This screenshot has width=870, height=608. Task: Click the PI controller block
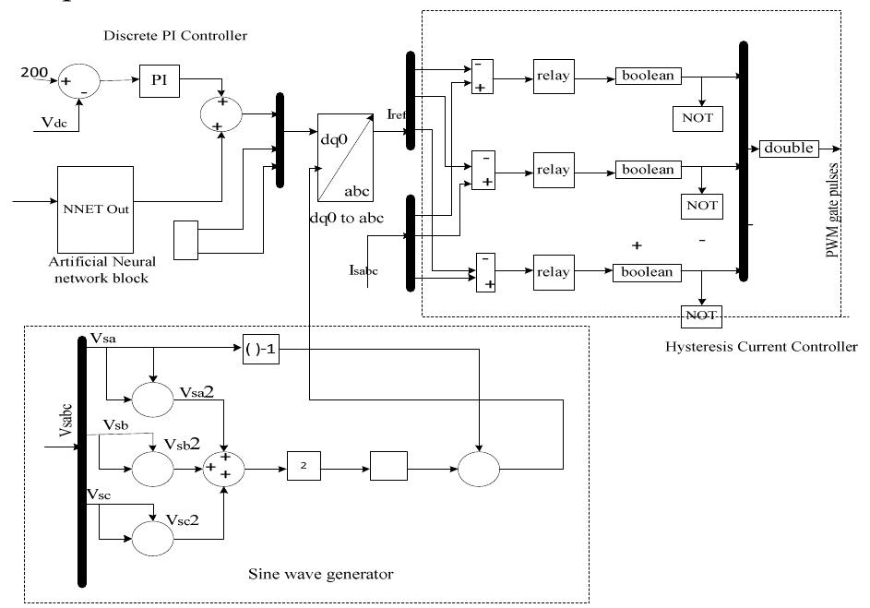click(x=158, y=81)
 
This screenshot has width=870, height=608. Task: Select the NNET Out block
click(x=94, y=208)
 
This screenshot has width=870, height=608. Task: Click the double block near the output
click(x=788, y=149)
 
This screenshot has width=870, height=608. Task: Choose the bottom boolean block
click(x=647, y=272)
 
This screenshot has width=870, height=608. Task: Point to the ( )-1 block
click(x=260, y=350)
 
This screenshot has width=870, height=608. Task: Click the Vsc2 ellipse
click(x=151, y=536)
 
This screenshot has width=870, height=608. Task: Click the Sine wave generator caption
click(x=321, y=574)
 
